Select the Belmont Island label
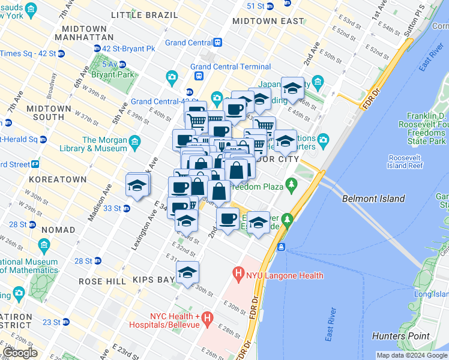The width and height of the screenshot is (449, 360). point(373,199)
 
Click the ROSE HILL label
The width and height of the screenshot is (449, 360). point(98,280)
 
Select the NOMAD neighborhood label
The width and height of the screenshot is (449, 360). point(58,230)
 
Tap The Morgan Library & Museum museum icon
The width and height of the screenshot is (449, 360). point(134,142)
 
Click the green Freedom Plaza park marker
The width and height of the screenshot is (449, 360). point(292,183)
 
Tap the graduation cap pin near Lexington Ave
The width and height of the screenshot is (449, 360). point(137,185)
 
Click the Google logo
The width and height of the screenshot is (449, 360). point(20,353)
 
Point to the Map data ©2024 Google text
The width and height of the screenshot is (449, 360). point(411,355)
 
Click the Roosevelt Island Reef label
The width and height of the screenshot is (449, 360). point(406,161)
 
